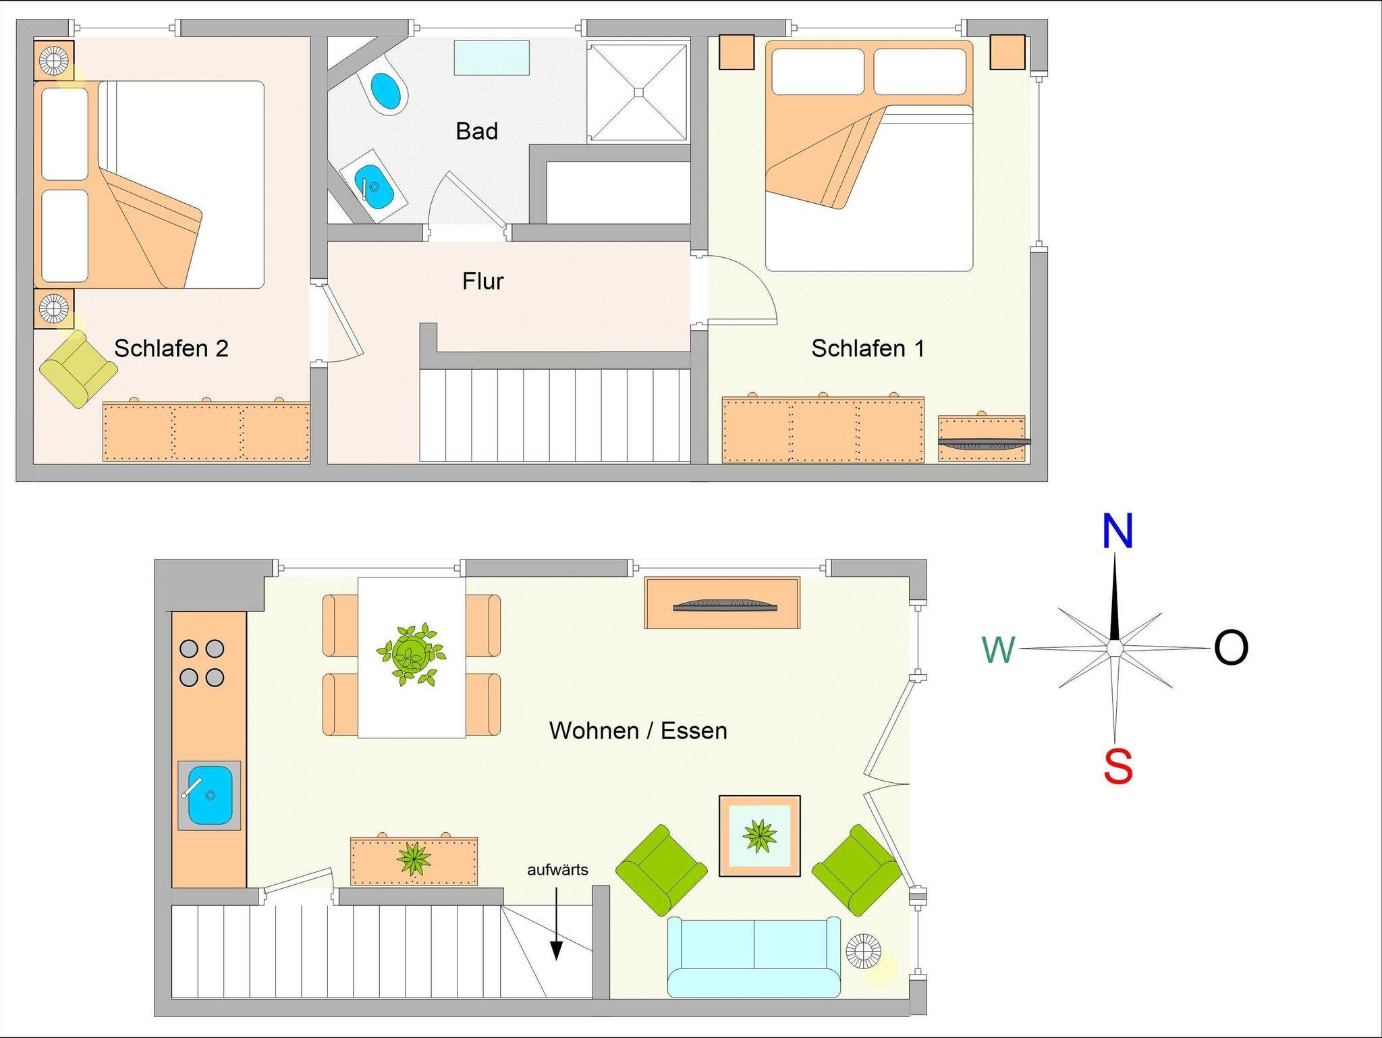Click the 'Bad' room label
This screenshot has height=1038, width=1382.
pos(476,131)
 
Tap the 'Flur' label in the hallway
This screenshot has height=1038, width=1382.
pos(483,281)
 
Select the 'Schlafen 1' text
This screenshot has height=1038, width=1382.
pos(868,348)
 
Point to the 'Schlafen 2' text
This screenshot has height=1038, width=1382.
pos(171,348)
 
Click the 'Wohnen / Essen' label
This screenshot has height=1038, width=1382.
pos(638,730)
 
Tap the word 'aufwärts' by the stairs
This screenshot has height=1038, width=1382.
pos(557,870)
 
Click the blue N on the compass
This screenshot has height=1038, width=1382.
pos(1117,532)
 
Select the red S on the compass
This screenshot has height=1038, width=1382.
pos(1117,767)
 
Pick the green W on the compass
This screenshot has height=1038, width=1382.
pos(999,650)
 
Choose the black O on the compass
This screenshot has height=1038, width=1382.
pos(1231,648)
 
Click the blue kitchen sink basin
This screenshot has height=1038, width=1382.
pos(210,796)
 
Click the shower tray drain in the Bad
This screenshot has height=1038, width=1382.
pos(638,92)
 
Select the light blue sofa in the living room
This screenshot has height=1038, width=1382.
pos(754,956)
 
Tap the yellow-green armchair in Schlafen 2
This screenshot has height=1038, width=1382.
pos(78,368)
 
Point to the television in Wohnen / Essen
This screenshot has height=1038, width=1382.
pos(725,605)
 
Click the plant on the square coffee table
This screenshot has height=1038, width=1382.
pos(760,836)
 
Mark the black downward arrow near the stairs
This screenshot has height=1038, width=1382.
pos(556,923)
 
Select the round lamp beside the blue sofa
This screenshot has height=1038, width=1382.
pos(864,952)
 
